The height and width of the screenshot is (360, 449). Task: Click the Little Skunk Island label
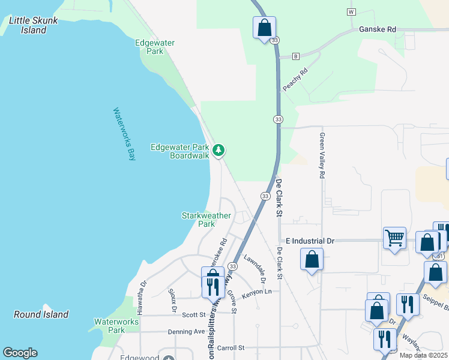34,25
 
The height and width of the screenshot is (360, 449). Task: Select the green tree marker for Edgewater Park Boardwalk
219,149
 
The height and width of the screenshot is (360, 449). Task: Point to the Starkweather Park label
198,220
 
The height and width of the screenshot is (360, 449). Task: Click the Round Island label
41,314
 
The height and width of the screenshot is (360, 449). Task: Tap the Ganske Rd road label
378,29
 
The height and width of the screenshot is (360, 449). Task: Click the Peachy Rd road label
295,79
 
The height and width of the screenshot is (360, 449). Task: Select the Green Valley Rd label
322,155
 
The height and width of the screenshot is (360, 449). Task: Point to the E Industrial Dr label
310,241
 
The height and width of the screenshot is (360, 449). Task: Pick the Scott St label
194,314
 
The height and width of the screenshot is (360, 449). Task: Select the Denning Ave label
186,331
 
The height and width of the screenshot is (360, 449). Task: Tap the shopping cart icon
394,238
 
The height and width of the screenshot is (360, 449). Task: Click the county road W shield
351,12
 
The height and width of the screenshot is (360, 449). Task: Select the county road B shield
296,56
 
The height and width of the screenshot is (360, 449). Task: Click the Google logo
20,353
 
